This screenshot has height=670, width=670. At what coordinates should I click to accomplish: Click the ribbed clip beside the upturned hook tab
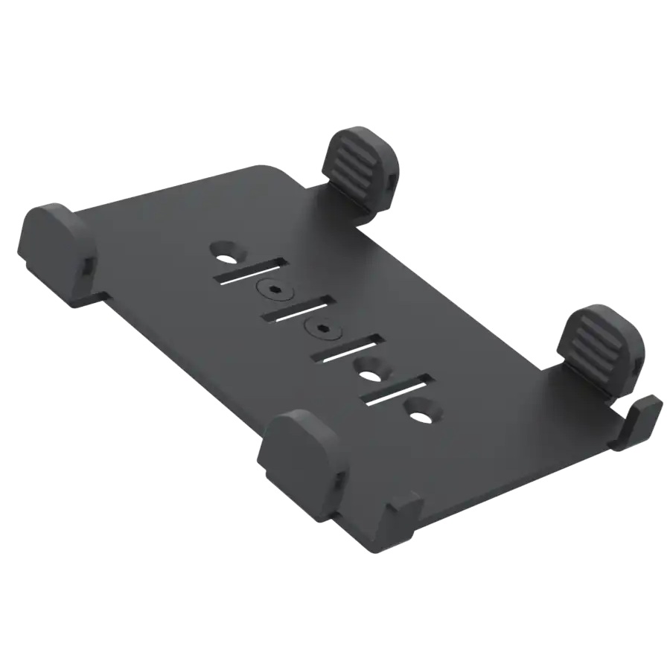coord(599,345)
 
